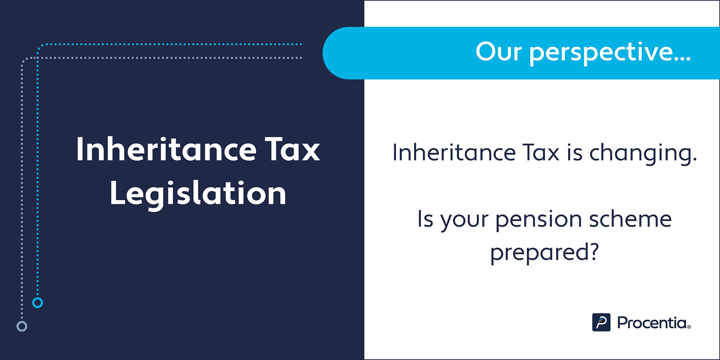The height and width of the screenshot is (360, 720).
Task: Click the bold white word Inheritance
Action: (x=166, y=149)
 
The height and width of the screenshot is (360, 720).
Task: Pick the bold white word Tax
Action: (x=292, y=149)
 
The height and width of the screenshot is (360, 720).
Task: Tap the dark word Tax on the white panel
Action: (x=541, y=152)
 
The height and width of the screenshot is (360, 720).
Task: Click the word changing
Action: (x=643, y=154)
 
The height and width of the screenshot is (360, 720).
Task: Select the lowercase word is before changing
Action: (x=575, y=152)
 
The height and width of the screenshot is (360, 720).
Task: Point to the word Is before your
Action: (x=425, y=219)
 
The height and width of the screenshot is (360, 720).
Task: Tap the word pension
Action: (x=539, y=220)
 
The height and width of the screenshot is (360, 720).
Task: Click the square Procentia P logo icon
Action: (x=601, y=322)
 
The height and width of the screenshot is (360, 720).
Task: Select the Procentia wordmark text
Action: (x=654, y=323)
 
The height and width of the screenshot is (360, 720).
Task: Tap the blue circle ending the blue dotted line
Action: (x=37, y=302)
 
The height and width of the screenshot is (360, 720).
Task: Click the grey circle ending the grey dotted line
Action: (x=22, y=326)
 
